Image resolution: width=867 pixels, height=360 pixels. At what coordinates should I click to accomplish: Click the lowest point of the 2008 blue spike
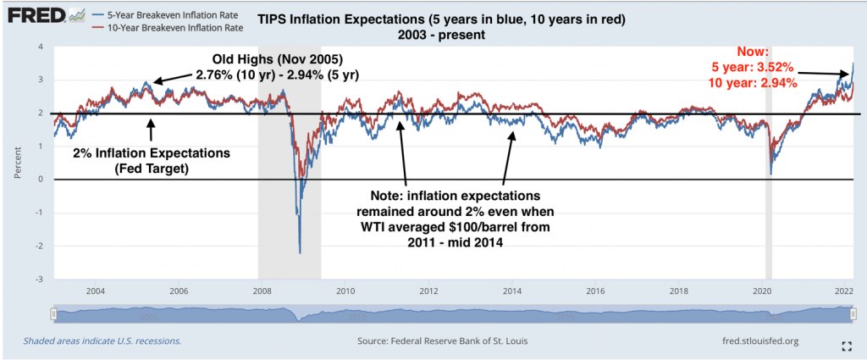pos(301,252)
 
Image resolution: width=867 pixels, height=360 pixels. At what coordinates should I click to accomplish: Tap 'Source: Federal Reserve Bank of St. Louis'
pos(436,343)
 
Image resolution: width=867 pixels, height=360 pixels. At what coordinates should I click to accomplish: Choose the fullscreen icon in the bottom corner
pos(846,345)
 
